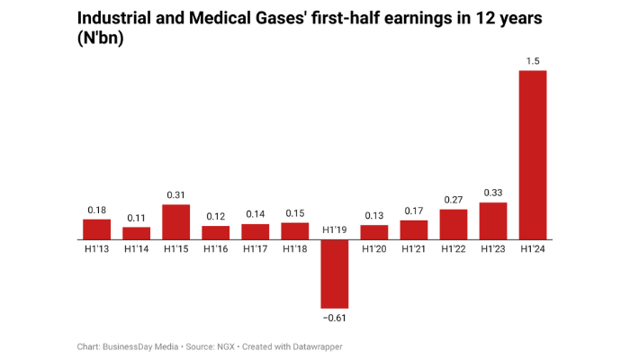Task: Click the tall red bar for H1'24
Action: click(x=533, y=155)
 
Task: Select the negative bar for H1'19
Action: click(x=335, y=274)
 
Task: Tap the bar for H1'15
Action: click(x=176, y=222)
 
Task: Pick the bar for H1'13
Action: click(x=97, y=229)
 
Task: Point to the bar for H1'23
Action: click(x=493, y=221)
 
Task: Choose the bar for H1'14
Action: click(x=137, y=233)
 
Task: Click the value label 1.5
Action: click(x=533, y=60)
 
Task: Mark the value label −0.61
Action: click(x=335, y=318)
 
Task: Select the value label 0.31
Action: click(x=176, y=194)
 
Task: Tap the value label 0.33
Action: click(x=493, y=192)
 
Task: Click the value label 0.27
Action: click(x=454, y=199)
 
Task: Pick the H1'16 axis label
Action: click(x=216, y=248)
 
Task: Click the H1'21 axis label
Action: click(x=414, y=248)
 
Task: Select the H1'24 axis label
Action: click(x=533, y=248)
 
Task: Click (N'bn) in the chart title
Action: click(x=100, y=39)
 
